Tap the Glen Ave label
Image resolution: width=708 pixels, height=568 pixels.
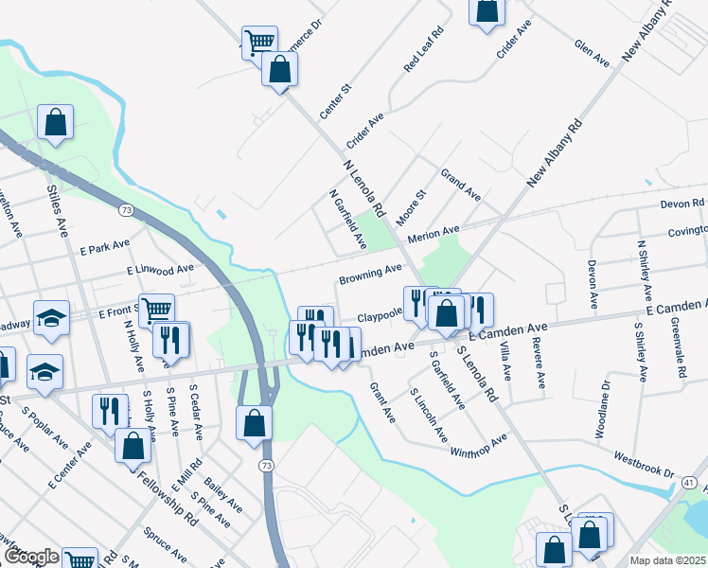(593, 52)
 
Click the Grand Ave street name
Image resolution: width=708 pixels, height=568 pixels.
(461, 184)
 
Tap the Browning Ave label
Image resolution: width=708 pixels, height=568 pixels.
(370, 275)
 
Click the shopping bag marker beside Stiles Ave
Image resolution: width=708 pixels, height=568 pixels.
(56, 122)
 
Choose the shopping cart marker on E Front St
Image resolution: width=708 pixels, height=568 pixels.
(155, 309)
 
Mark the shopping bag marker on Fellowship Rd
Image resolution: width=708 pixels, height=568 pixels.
(133, 446)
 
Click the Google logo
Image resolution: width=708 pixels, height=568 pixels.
(31, 557)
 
